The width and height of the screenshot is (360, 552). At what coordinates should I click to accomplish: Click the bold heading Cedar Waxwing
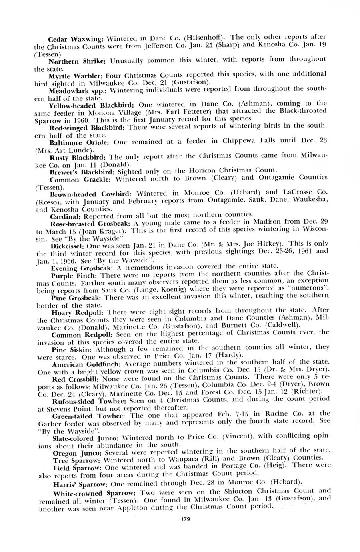pos(76,40)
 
